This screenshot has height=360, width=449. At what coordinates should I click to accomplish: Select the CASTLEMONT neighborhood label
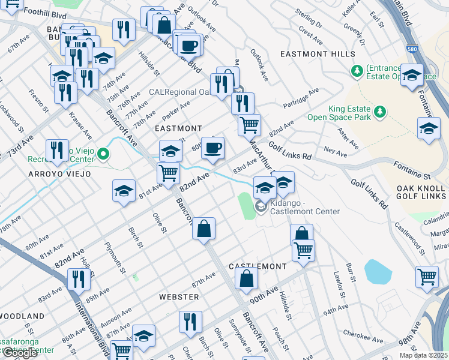[258, 266]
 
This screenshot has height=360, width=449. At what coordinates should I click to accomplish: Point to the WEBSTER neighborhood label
[179, 297]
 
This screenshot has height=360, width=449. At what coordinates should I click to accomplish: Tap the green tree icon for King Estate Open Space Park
[379, 111]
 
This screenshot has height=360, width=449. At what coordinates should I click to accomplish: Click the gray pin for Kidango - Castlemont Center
[261, 207]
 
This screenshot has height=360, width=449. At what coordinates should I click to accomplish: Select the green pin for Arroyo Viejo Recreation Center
[103, 155]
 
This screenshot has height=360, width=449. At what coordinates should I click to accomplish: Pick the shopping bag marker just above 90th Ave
[246, 278]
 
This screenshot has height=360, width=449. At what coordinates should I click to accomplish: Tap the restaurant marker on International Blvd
[79, 278]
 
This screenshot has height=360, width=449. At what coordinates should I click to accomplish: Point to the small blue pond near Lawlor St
[376, 271]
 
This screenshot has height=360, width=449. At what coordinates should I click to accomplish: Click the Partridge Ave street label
[310, 97]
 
